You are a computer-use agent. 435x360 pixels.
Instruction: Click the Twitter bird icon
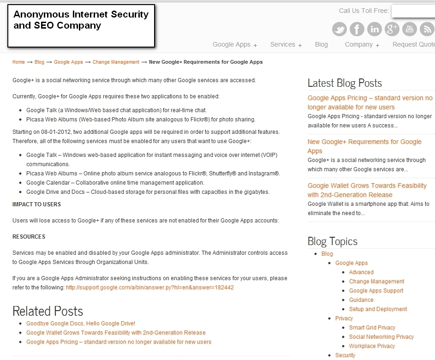coord(340,29)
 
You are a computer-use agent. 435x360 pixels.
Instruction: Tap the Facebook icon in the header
coord(357,29)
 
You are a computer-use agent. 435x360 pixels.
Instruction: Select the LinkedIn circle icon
coord(375,29)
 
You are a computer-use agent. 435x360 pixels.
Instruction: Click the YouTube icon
coord(409,29)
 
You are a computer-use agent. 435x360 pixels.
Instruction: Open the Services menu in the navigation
coord(286,45)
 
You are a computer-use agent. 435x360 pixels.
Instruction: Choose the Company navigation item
coord(362,45)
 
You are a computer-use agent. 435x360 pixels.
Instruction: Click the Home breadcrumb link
coord(18,62)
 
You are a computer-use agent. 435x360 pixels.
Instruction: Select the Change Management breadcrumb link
coord(116,62)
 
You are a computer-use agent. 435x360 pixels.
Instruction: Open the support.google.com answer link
coord(150,288)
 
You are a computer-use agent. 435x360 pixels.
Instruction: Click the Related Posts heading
coord(48,311)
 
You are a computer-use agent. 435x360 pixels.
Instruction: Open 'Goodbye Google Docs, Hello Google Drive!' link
coord(81,324)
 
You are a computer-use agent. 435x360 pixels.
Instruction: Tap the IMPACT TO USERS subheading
coord(36,204)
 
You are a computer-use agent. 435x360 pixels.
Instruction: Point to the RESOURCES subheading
coord(29,237)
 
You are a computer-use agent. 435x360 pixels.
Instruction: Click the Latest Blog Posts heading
coord(345,83)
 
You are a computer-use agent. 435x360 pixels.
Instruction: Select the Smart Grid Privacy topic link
coord(372,328)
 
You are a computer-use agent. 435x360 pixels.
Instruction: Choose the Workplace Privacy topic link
coord(372,346)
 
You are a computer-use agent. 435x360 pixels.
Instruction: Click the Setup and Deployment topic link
coord(378,309)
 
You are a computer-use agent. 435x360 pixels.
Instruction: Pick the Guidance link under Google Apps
coord(361,300)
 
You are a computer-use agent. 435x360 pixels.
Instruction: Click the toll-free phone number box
coord(412,11)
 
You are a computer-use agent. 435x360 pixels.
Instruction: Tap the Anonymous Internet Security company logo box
coord(81,26)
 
